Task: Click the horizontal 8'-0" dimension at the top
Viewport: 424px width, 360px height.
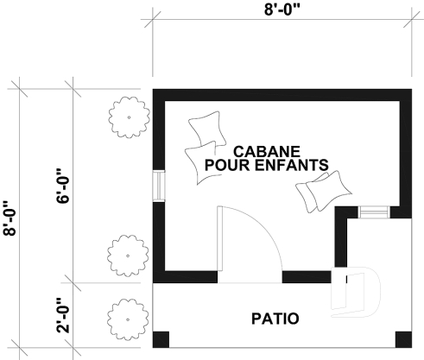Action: pyautogui.click(x=282, y=12)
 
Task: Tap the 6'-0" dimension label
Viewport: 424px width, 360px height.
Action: pyautogui.click(x=62, y=186)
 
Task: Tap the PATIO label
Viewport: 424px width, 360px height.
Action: pyautogui.click(x=275, y=319)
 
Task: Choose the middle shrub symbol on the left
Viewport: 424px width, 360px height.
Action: pyautogui.click(x=123, y=254)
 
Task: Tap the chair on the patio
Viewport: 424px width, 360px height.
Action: pyautogui.click(x=358, y=288)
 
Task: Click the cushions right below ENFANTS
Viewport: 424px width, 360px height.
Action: pyautogui.click(x=324, y=191)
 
